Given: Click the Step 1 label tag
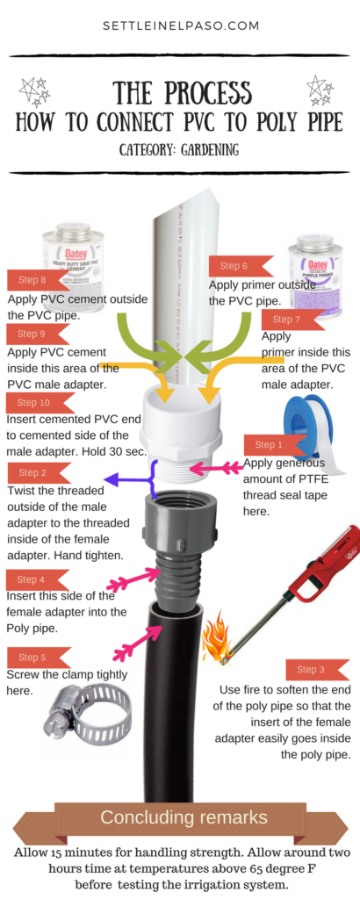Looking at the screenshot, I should click(x=270, y=445).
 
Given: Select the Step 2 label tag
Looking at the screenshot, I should click(x=33, y=472).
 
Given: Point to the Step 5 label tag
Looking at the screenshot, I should click(x=33, y=657).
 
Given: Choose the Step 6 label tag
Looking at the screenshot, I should click(x=239, y=266).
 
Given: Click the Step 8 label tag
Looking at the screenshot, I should click(x=33, y=280).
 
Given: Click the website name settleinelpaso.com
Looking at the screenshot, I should click(x=179, y=26).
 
